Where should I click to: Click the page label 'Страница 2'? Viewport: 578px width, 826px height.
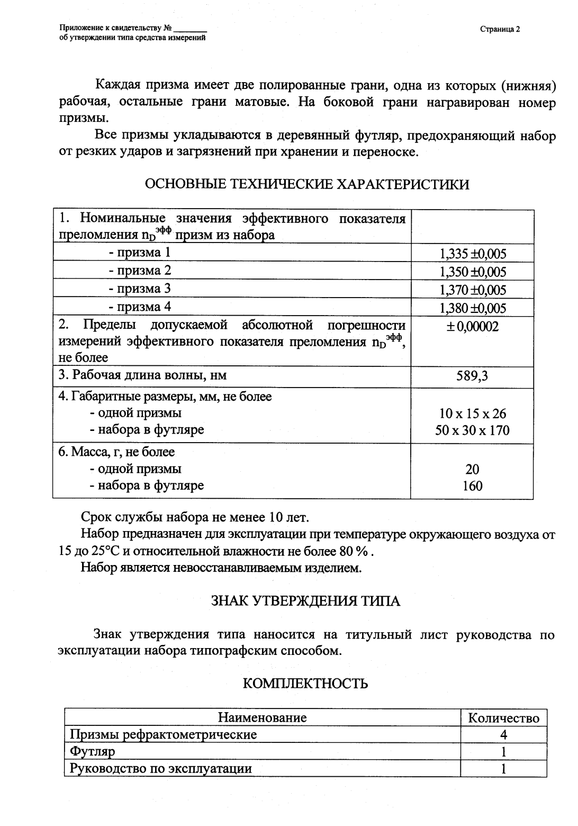(500, 29)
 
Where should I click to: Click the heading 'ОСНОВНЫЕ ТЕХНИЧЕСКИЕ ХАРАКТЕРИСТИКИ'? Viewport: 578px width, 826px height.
(306, 184)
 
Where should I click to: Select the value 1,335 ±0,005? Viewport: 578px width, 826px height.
(472, 254)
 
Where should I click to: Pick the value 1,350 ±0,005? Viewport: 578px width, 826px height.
(472, 272)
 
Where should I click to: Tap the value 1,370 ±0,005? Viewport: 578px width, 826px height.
(472, 290)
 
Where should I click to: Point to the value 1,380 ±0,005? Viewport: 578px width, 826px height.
(472, 308)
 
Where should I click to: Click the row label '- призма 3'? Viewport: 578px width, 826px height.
(140, 289)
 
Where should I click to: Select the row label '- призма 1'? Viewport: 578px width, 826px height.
(140, 253)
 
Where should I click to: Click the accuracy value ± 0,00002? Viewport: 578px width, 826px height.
(472, 326)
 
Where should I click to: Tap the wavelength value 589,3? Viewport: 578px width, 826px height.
(472, 376)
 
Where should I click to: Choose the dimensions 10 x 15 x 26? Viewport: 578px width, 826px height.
(472, 414)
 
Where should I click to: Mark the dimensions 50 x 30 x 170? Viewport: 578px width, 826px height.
(472, 430)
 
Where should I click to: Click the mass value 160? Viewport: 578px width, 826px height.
(472, 486)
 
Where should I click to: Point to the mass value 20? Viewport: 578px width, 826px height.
(472, 469)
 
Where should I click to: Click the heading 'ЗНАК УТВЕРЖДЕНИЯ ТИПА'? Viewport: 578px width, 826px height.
(305, 601)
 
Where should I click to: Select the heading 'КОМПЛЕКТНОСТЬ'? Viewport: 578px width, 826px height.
(305, 684)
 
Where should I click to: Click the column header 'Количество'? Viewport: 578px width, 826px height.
(503, 718)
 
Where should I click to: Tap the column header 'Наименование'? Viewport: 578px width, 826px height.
(262, 717)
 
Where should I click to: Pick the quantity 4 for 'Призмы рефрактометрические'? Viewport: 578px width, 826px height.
(503, 735)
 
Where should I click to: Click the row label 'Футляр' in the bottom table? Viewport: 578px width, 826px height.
(93, 751)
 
